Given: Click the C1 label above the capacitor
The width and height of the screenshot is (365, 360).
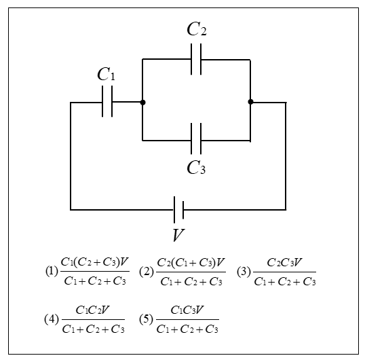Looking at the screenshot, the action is (x=106, y=74).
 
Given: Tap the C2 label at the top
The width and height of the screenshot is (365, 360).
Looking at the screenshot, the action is (x=197, y=29).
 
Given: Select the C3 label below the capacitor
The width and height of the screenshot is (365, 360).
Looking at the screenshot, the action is (x=196, y=168).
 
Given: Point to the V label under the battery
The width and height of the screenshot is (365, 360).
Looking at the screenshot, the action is (x=178, y=235).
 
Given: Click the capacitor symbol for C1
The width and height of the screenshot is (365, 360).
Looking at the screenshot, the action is (x=107, y=101).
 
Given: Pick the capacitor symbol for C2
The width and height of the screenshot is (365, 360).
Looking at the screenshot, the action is (x=196, y=59).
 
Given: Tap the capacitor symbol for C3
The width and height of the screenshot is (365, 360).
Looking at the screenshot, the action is (x=196, y=139).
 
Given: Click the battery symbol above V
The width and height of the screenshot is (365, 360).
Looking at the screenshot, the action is (x=178, y=209).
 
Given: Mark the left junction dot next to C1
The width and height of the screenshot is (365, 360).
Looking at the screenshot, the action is (x=142, y=103).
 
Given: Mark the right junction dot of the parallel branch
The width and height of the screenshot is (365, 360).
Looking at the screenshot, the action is (x=250, y=102).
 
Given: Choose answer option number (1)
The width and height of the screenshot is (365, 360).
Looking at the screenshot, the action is (x=52, y=272).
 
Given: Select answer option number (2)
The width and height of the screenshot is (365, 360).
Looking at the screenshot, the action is (x=147, y=272).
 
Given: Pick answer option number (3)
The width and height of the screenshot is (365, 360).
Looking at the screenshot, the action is (x=244, y=272).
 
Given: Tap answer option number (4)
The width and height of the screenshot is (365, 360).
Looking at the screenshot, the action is (x=52, y=319).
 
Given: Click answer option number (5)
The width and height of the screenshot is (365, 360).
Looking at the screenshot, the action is (x=146, y=319).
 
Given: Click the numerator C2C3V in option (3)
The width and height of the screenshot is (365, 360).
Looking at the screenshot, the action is (x=284, y=263).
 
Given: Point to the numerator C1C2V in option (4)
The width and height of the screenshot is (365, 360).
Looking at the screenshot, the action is (x=92, y=310).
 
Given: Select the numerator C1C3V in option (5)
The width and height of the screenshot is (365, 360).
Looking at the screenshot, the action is (x=187, y=310).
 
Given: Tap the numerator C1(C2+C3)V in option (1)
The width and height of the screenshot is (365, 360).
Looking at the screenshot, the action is (x=94, y=262).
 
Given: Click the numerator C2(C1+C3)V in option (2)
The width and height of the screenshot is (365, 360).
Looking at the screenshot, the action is (x=191, y=263).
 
